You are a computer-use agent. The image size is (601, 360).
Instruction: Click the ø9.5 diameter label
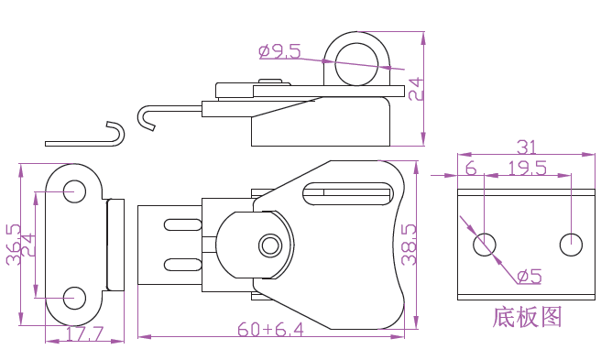(x=279, y=51)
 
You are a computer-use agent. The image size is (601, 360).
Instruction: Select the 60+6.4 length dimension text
(x=270, y=330)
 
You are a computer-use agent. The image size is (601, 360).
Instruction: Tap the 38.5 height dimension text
(x=409, y=245)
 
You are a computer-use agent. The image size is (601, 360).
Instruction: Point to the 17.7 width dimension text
(x=84, y=334)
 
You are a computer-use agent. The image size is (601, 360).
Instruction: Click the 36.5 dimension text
(x=14, y=245)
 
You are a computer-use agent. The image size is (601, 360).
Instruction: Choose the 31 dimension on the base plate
(x=527, y=147)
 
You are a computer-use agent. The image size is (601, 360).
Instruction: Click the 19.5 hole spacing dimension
(x=527, y=168)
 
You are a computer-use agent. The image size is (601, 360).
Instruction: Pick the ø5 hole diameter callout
(x=529, y=276)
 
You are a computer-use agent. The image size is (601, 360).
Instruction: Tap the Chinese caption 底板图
(x=527, y=317)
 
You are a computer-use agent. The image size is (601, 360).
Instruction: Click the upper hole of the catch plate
(x=74, y=191)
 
